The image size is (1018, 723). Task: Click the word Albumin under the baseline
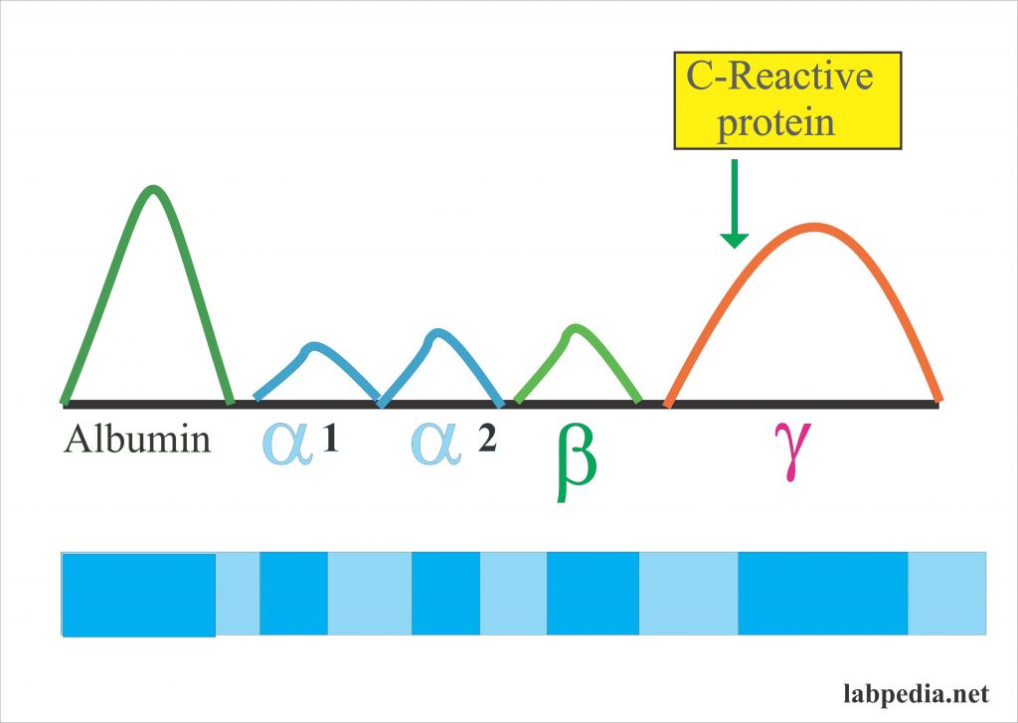point(137,440)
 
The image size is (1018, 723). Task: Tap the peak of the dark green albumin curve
point(152,188)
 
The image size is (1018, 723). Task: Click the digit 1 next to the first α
point(330,440)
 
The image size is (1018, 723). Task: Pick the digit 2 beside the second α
point(486,440)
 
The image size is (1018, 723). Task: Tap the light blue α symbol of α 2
point(436,443)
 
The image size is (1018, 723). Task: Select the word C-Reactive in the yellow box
point(787,77)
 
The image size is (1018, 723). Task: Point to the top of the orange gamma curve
point(814,227)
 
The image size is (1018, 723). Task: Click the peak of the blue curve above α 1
point(314,346)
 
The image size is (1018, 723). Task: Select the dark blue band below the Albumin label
point(138,594)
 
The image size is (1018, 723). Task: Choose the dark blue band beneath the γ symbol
point(822,593)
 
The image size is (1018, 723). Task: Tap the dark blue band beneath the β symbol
point(593,593)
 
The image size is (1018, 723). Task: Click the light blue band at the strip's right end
point(947,593)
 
